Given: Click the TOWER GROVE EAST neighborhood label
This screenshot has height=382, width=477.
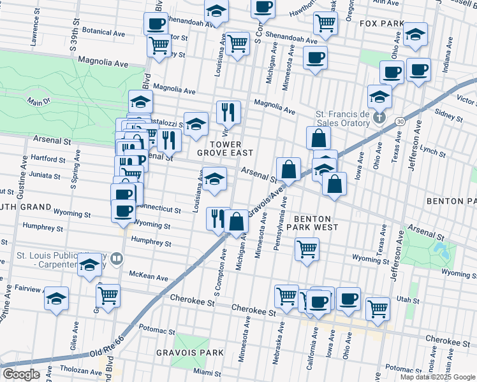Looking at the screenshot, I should [224, 148].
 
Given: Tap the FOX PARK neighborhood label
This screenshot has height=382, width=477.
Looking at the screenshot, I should [382, 24].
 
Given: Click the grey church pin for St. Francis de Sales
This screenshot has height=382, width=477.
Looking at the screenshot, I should [379, 117].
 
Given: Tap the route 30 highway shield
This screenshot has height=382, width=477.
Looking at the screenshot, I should [399, 121].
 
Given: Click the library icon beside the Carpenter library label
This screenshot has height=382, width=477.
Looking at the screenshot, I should [116, 258].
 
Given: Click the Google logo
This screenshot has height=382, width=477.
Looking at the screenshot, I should [21, 374].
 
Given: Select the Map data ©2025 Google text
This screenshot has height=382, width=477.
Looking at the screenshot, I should [438, 377].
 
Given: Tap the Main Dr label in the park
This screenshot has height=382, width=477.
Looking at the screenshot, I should [39, 101].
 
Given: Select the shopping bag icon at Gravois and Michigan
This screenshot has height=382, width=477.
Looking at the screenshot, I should [237, 222].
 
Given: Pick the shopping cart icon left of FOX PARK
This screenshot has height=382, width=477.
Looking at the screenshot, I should [326, 23].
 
